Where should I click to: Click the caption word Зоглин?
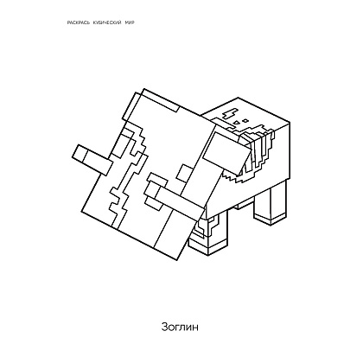point(180,327)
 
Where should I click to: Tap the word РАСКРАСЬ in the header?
point(79,22)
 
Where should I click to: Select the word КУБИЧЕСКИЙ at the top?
point(107,22)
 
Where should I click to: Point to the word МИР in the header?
point(130,22)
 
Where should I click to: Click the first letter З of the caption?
point(164,327)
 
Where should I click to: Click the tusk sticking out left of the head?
point(93,159)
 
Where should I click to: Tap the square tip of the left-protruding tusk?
point(80,153)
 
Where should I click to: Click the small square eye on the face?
point(185,174)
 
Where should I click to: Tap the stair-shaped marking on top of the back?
point(230,113)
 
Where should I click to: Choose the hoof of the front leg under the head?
point(207,247)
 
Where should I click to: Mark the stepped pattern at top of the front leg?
point(207,227)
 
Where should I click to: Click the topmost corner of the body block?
point(238,98)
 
